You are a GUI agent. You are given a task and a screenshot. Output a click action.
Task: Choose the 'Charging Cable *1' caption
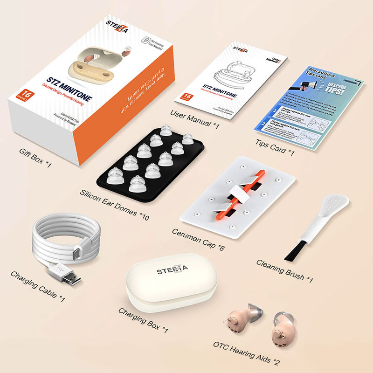click(x=38, y=285)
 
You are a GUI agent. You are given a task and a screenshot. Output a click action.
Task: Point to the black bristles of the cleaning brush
click(x=295, y=250)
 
